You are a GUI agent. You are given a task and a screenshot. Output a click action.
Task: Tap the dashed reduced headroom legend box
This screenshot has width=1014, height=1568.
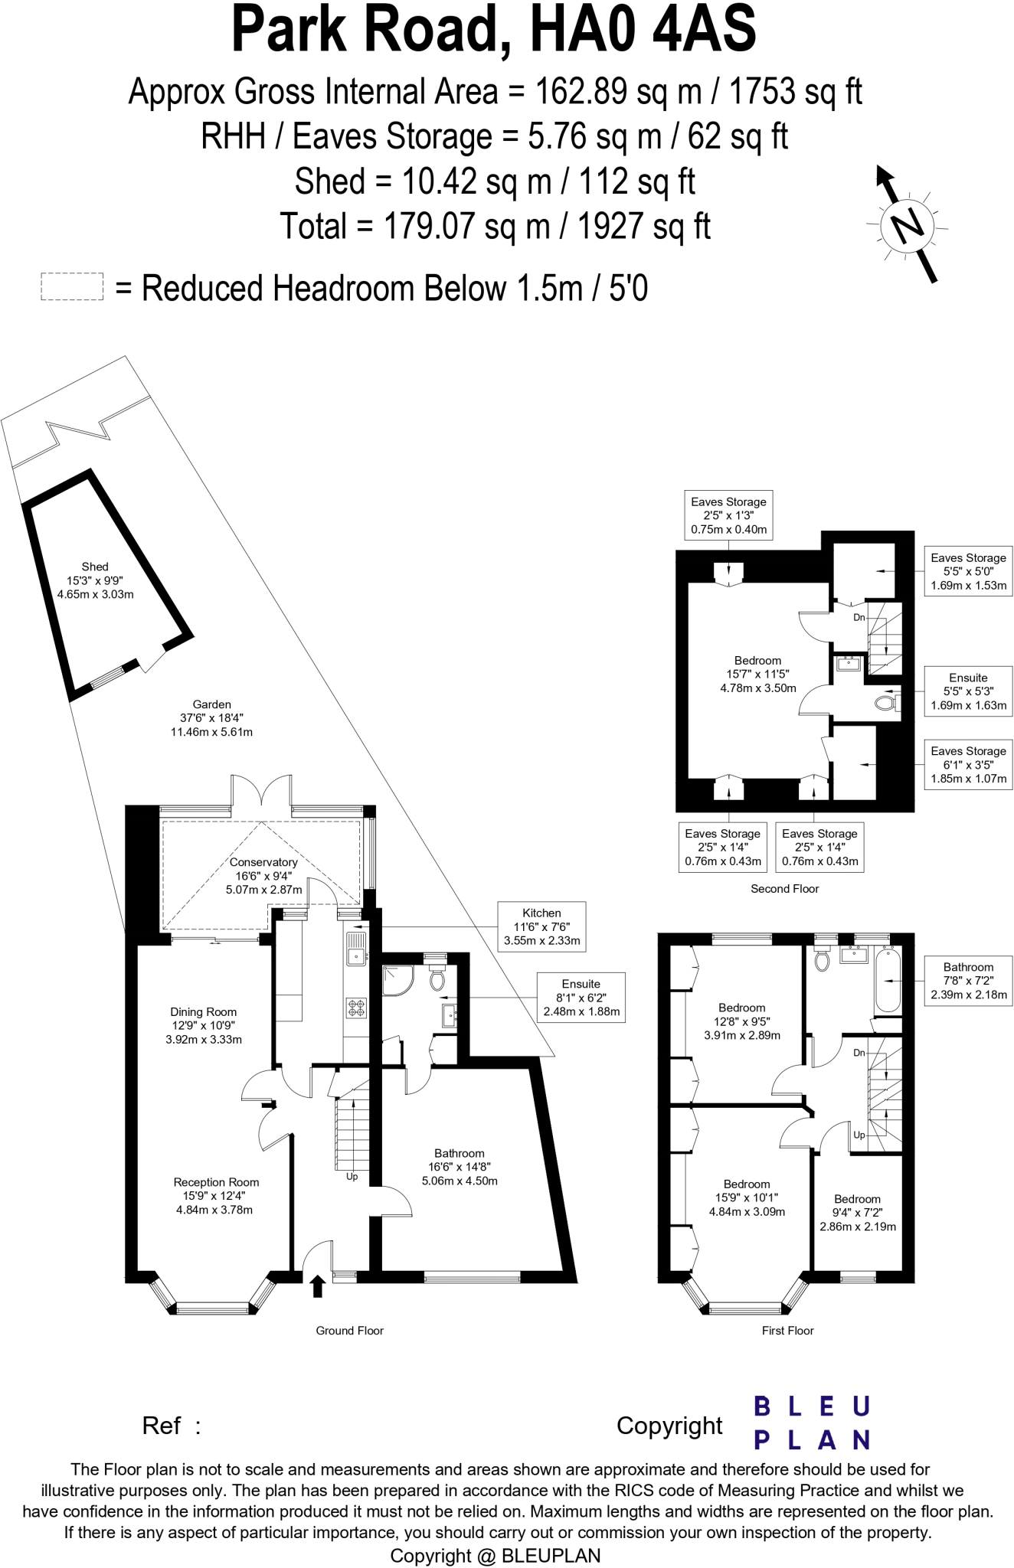72,287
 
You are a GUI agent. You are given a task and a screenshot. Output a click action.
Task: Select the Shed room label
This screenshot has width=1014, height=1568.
95,580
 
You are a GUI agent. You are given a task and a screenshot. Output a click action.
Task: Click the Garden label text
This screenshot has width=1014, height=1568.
211,717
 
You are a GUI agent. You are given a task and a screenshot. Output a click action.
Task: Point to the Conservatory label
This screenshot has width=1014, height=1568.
263,875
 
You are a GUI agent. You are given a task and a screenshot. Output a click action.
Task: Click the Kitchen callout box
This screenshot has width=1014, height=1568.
541,926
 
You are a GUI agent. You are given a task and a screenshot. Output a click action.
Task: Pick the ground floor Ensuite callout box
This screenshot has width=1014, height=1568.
581,997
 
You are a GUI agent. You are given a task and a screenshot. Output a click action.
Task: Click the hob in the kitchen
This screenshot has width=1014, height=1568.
356,1008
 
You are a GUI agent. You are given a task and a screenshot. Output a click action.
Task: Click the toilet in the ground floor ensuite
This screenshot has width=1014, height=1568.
437,980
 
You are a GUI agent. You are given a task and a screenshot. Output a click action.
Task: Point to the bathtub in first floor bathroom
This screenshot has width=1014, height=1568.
888,979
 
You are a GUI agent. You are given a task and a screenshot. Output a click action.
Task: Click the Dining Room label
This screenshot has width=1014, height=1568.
204,1025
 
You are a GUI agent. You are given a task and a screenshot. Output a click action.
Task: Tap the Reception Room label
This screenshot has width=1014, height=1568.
215,1195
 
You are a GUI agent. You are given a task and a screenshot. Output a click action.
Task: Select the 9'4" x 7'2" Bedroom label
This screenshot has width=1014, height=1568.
857,1212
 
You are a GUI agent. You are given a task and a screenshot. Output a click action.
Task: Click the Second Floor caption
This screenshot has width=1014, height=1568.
784,888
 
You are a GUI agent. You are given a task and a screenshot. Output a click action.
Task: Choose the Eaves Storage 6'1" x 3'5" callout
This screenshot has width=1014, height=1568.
968,764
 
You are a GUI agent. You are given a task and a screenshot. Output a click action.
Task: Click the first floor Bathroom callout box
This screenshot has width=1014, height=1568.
968,981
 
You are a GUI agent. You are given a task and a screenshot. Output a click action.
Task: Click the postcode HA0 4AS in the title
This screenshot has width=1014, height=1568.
643,29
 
